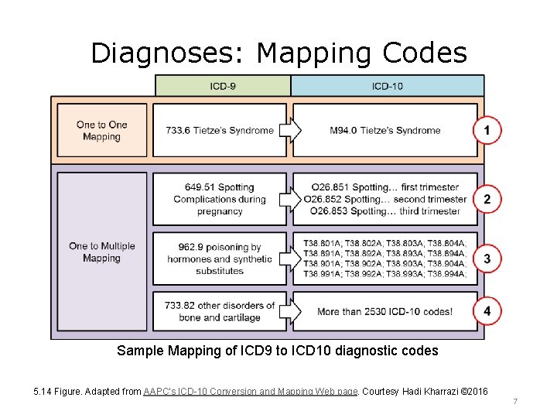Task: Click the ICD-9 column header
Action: [x=223, y=85]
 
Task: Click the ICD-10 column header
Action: [x=387, y=85]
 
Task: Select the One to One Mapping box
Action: [x=101, y=131]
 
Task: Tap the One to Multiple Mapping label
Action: [x=101, y=252]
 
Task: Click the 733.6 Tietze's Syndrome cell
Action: [x=219, y=130]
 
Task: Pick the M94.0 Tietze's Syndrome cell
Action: [x=384, y=130]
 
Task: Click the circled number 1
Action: [x=487, y=131]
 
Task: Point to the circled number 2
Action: [x=487, y=199]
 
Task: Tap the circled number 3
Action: [x=487, y=259]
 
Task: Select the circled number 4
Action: [x=487, y=311]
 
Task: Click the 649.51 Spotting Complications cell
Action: [x=219, y=199]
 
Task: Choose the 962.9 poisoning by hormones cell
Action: [x=219, y=259]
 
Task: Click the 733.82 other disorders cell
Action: [x=219, y=311]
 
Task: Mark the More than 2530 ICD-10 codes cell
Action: [x=384, y=311]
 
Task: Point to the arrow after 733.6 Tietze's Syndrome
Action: [x=290, y=130]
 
